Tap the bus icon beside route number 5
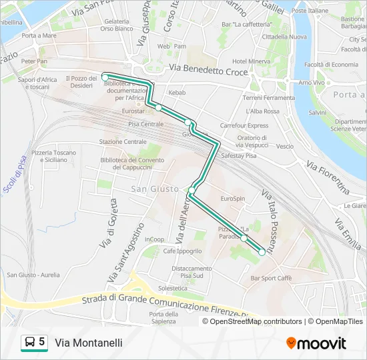click(x=30, y=343)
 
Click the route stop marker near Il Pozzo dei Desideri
click(x=105, y=78)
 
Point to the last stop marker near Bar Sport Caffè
click(x=262, y=252)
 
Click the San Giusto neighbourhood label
click(x=154, y=189)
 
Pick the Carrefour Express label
click(x=244, y=125)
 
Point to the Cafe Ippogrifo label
click(x=182, y=251)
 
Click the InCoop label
click(x=154, y=239)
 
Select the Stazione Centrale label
click(x=122, y=142)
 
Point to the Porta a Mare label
click(x=39, y=35)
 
